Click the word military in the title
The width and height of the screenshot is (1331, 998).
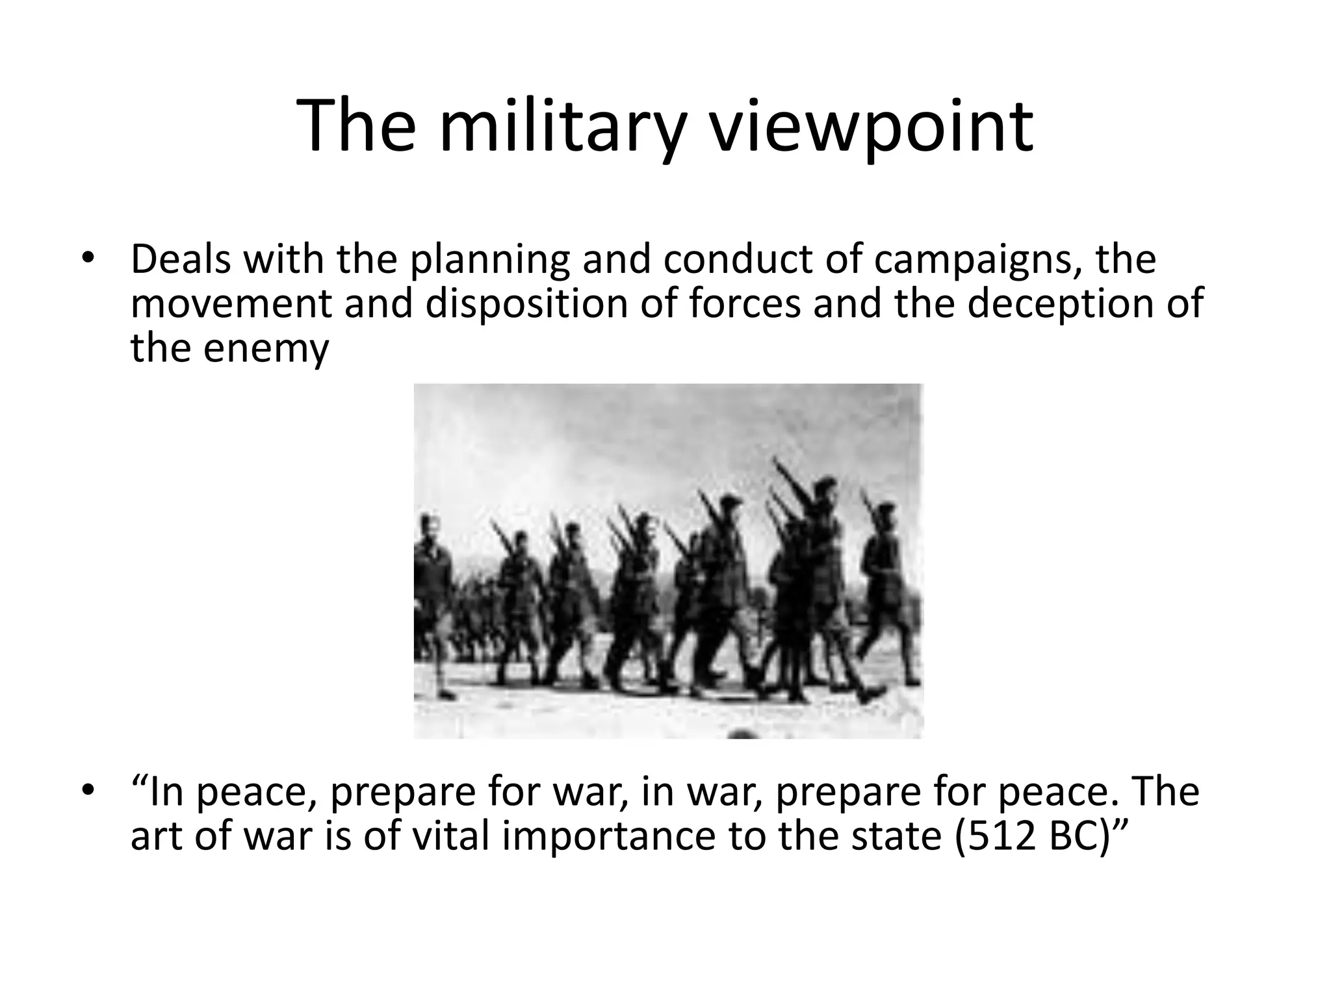point(562,128)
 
